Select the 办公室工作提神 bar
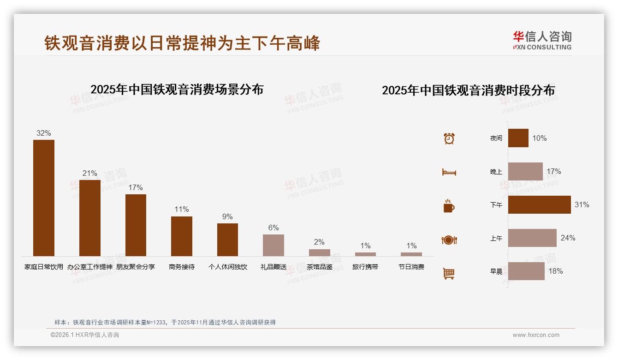click(x=90, y=218)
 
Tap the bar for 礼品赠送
click(x=273, y=245)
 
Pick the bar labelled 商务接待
click(x=182, y=236)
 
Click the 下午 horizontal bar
click(x=539, y=204)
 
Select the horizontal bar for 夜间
click(x=518, y=138)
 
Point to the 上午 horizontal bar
click(x=532, y=238)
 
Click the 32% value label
click(x=44, y=133)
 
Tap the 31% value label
click(x=582, y=204)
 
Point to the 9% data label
click(x=227, y=217)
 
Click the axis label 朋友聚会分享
click(x=136, y=267)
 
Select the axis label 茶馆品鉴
click(x=319, y=267)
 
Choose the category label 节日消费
click(x=411, y=267)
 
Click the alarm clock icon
click(x=449, y=138)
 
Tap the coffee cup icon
click(x=449, y=206)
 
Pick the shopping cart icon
click(x=449, y=273)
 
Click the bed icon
click(x=449, y=172)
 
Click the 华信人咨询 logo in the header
click(x=542, y=40)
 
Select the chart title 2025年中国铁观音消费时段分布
click(x=468, y=90)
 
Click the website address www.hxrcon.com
click(x=536, y=335)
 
